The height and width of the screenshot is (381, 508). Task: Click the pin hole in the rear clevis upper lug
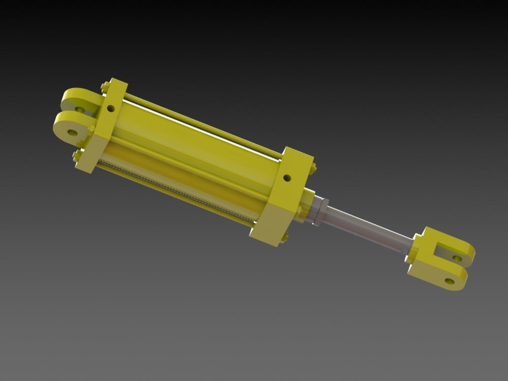click(x=80, y=109)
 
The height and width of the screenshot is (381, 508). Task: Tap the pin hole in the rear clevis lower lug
click(x=72, y=133)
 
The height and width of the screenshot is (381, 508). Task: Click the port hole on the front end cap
click(x=288, y=178)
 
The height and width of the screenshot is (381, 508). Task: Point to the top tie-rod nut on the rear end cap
click(x=105, y=87)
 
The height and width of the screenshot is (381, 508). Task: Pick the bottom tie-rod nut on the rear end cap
click(x=77, y=155)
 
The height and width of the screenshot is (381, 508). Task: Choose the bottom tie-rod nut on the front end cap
click(x=284, y=237)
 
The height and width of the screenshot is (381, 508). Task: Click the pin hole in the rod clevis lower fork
click(x=449, y=280)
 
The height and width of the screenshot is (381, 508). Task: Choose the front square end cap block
click(x=284, y=198)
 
